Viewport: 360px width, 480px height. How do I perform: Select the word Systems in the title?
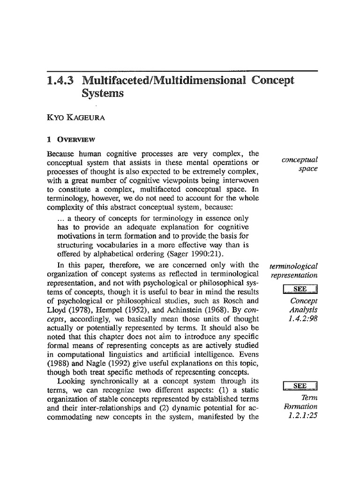pos(102,93)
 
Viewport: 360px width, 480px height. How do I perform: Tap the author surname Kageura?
pos(88,119)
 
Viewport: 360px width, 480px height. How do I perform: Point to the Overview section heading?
pos(77,139)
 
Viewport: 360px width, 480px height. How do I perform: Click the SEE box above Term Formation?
pos(300,386)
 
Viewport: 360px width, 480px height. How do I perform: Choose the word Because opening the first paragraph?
pos(62,154)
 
